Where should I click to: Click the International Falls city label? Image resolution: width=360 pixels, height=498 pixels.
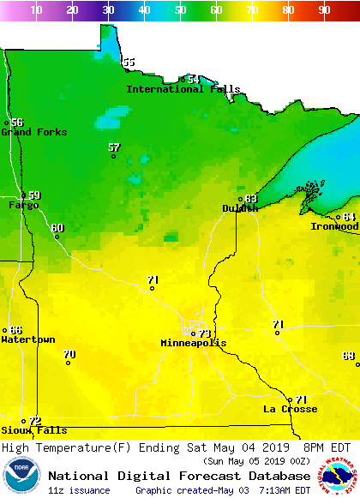pos(183,89)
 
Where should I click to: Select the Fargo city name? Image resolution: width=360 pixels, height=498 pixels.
pos(23,205)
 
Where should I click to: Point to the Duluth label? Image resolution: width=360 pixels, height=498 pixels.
pos(239,208)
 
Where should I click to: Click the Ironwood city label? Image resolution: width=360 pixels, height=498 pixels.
pos(334,226)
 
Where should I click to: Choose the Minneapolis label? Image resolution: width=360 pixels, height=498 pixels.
pos(194,343)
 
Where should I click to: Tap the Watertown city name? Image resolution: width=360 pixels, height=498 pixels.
pos(27,339)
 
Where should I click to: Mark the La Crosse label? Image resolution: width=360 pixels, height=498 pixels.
pos(290,409)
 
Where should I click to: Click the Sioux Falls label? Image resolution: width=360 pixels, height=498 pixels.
pos(33,430)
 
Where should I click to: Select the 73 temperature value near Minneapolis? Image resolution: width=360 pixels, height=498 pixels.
pos(205,333)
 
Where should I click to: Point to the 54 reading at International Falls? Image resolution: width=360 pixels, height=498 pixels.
pos(194,79)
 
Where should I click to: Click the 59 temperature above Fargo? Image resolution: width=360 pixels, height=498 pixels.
pos(34,195)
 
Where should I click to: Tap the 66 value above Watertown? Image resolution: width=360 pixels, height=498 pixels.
pos(15,330)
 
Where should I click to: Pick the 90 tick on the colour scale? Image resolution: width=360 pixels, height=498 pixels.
pos(324,10)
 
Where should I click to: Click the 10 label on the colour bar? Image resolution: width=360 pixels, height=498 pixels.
pos(36,10)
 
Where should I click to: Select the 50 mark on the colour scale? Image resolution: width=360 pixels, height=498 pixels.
pos(180,10)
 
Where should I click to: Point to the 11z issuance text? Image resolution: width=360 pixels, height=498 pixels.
pos(79,490)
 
